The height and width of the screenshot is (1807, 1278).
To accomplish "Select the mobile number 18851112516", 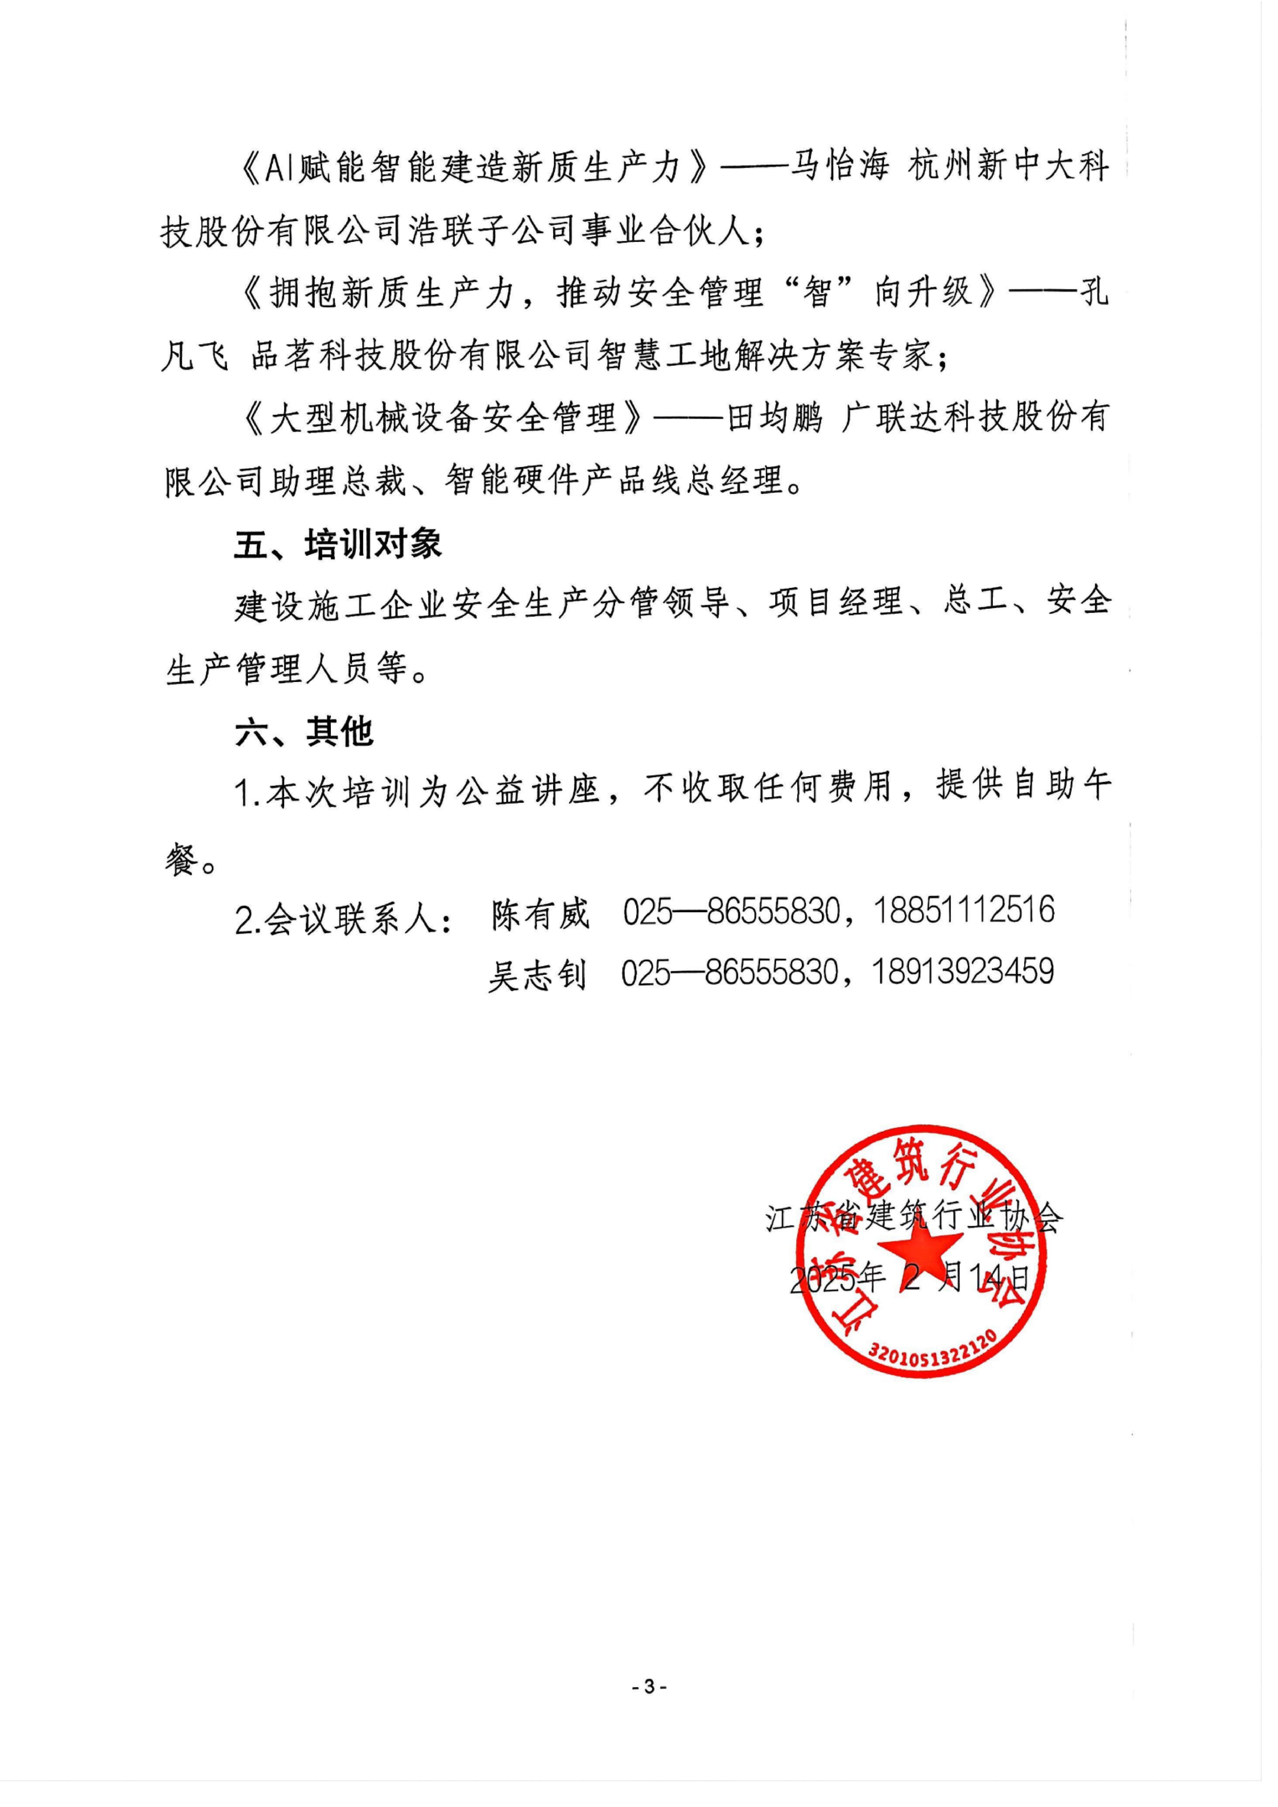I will pyautogui.click(x=964, y=910).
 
